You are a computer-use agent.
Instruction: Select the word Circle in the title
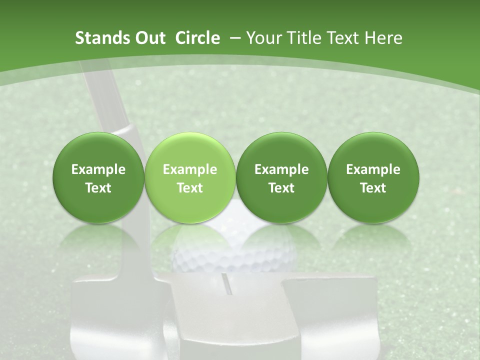pyautogui.click(x=197, y=38)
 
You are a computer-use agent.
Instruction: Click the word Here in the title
pyautogui.click(x=383, y=38)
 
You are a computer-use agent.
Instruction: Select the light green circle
pyautogui.click(x=190, y=178)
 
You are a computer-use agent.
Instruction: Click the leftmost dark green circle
pyautogui.click(x=98, y=178)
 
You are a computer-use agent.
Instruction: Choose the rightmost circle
pyautogui.click(x=373, y=178)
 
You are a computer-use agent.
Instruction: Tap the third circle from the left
pyautogui.click(x=281, y=178)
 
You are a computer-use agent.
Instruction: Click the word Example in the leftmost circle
pyautogui.click(x=98, y=169)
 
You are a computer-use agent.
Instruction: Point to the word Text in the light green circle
pyautogui.click(x=190, y=188)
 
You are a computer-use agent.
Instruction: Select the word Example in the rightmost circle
pyautogui.click(x=373, y=169)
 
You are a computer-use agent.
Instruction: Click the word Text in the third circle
pyautogui.click(x=281, y=188)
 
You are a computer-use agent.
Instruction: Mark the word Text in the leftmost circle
pyautogui.click(x=98, y=188)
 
